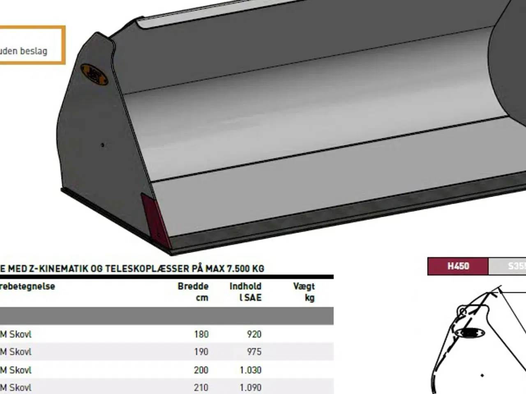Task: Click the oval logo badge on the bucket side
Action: tap(94, 74)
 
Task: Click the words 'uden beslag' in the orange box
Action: tap(24, 51)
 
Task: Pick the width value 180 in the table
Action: tap(201, 334)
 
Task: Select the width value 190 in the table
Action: tap(201, 352)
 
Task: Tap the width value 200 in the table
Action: tap(201, 370)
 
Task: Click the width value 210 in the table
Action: tap(201, 387)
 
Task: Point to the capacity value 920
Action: tap(254, 334)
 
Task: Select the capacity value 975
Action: tap(254, 352)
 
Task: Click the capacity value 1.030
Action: tap(250, 370)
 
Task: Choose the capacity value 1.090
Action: tap(250, 387)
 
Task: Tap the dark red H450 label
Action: tap(458, 266)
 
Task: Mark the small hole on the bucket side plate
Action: tap(102, 144)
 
